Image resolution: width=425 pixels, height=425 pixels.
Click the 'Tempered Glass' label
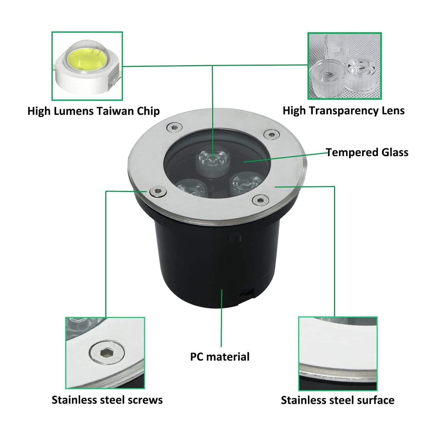[x=367, y=152]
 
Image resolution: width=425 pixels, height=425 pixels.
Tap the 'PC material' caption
[x=220, y=357]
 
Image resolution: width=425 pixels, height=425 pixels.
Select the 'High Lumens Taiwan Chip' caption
[x=93, y=111]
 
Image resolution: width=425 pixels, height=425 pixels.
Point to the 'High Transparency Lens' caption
[x=343, y=110]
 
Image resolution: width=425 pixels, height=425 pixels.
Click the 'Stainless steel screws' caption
[x=107, y=400]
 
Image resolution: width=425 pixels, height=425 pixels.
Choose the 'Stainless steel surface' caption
[x=338, y=400]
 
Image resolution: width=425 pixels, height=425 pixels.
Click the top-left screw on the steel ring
[x=174, y=127]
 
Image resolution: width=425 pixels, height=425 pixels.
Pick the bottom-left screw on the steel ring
[x=158, y=191]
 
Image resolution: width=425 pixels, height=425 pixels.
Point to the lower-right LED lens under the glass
[x=246, y=182]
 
